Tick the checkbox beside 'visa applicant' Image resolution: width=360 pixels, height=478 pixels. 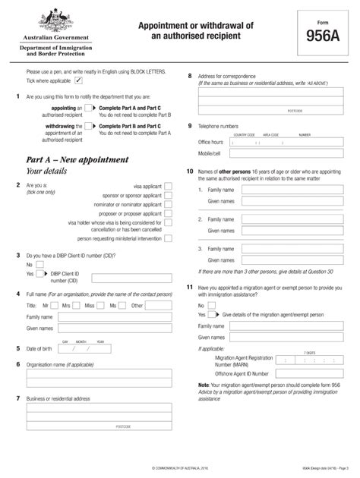point(169,184)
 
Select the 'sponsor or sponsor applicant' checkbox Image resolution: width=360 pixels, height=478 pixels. point(169,194)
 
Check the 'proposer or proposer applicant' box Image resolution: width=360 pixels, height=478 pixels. point(169,214)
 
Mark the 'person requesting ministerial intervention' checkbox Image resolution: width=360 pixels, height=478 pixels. point(169,237)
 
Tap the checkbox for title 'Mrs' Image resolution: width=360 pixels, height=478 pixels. point(78,305)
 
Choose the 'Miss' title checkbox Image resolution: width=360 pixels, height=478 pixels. point(102,305)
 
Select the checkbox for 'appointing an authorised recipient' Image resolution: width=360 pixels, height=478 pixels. point(88,109)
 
